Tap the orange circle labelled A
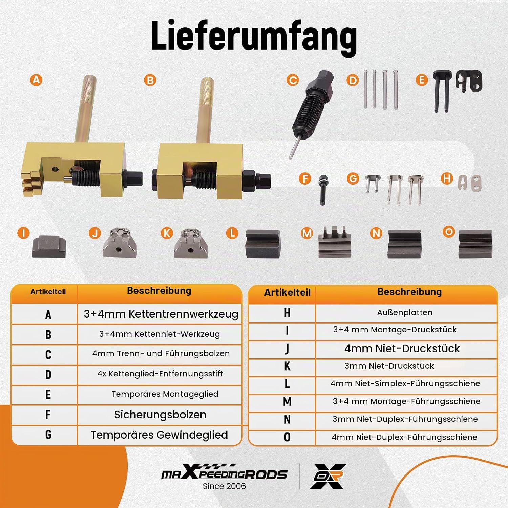click(x=36, y=80)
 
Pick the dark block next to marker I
click(x=49, y=247)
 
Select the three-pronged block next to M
click(x=335, y=242)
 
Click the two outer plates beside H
click(x=470, y=183)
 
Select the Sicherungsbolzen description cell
click(x=160, y=415)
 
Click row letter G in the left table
click(x=48, y=435)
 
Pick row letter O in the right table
click(x=287, y=437)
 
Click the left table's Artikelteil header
click(x=48, y=292)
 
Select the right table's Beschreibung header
click(x=409, y=292)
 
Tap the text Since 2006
click(x=224, y=486)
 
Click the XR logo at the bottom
click(x=328, y=476)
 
